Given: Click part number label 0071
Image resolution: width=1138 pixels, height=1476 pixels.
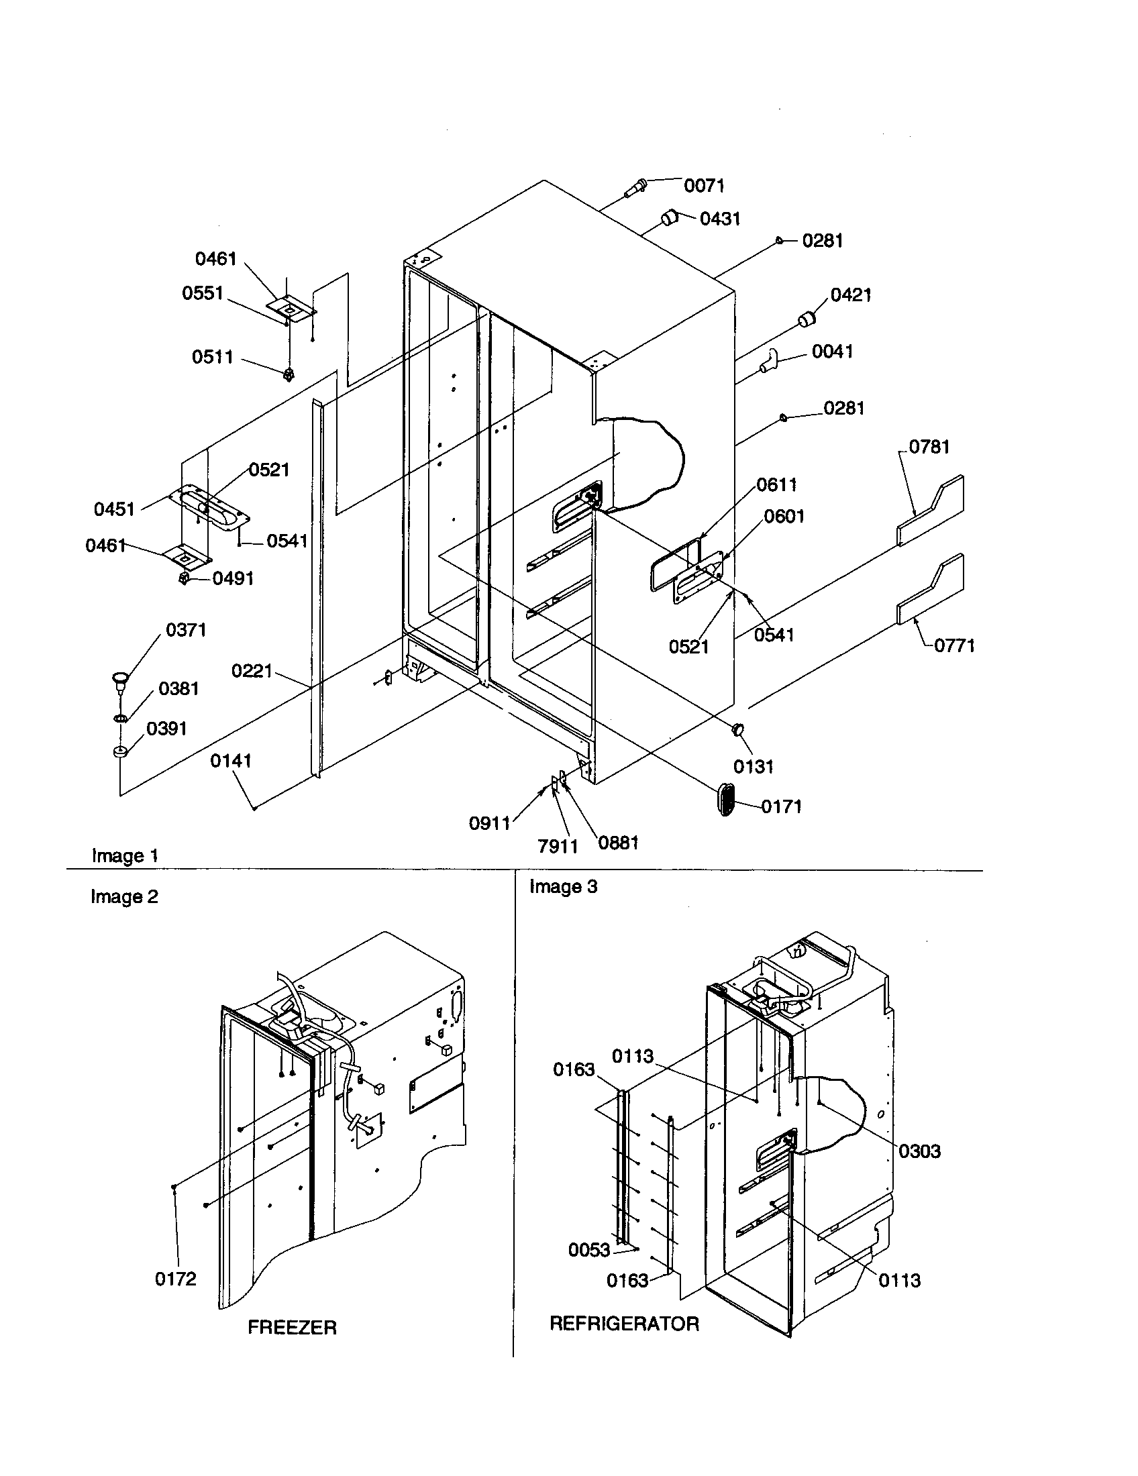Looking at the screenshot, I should point(704,186).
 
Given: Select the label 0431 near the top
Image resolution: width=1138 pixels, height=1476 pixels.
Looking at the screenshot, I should point(720,218).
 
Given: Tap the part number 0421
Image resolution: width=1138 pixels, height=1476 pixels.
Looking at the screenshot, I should point(850,295).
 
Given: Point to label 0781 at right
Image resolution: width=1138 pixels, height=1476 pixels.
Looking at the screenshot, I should point(929,447).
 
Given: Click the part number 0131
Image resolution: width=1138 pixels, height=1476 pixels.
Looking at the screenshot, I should point(753,766).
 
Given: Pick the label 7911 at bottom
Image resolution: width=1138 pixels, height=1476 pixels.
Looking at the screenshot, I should point(558,845).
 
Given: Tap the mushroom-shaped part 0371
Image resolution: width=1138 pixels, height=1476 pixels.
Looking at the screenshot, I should point(120,678).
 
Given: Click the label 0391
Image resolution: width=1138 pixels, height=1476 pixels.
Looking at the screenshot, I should point(166,729).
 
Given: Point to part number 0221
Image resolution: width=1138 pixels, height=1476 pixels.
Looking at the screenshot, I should point(252,671).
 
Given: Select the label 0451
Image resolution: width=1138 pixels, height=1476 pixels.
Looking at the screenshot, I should point(114,509).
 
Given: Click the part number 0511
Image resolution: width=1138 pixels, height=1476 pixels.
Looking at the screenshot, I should point(212,357).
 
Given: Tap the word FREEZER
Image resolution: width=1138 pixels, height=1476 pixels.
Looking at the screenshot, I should point(292,1327).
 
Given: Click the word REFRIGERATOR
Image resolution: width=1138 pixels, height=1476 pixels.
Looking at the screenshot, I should point(624,1323).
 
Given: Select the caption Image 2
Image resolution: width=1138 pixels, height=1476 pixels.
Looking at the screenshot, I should point(124,897).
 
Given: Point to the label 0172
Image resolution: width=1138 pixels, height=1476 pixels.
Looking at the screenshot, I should point(176,1279).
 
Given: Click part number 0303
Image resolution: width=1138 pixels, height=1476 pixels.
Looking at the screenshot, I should point(919,1151).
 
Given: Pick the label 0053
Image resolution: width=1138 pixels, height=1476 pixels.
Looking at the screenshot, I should point(588,1251).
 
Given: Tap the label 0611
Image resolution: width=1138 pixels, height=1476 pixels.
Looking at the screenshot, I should point(776,484).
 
